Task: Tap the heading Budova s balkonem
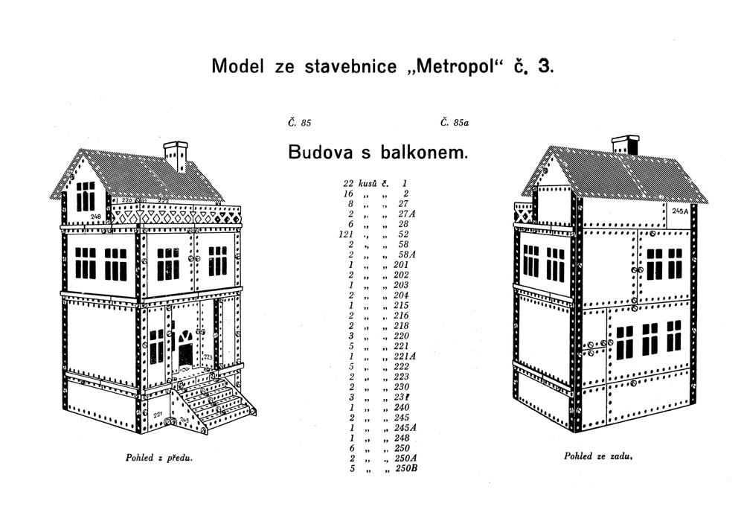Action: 378,153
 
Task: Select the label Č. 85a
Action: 455,123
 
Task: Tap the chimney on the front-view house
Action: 176,155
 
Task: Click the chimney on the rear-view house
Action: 625,146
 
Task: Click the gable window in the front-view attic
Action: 86,195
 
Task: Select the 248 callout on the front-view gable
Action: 95,216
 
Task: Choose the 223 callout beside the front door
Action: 208,358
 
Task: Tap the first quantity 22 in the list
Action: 348,183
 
